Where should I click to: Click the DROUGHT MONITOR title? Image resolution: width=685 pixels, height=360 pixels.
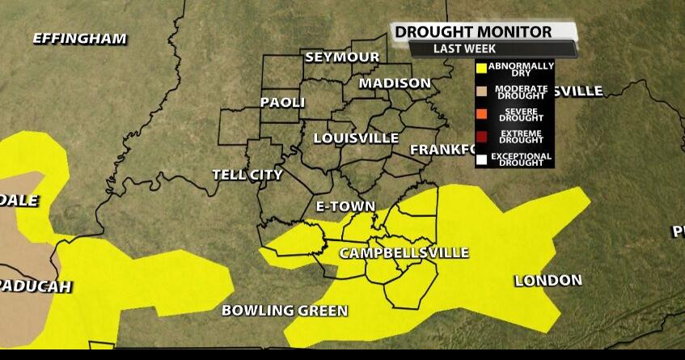tap(473, 32)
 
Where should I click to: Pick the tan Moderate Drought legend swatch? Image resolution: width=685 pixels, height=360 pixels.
tap(482, 91)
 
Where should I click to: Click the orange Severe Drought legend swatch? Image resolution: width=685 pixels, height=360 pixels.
tap(482, 114)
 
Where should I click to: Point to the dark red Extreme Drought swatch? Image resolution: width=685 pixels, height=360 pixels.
tap(482, 137)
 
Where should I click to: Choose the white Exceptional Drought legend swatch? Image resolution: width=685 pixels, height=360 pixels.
tap(482, 159)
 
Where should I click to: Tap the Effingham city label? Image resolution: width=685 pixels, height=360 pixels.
tap(79, 38)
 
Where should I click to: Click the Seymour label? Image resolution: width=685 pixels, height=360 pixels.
tap(342, 57)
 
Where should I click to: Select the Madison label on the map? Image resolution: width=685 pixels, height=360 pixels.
tap(395, 83)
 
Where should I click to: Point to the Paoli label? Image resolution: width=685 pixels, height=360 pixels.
tap(282, 103)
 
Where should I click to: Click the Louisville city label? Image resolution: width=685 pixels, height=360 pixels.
tap(356, 138)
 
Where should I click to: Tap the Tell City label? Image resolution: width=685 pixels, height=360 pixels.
tap(247, 175)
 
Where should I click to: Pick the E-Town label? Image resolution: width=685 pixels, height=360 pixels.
tap(345, 206)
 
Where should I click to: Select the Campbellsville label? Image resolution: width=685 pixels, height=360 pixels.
tap(404, 253)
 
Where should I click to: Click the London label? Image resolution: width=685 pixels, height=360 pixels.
tap(548, 281)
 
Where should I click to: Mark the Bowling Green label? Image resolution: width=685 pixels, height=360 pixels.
tap(285, 311)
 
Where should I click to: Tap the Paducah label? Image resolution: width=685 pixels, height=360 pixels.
tap(36, 286)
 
